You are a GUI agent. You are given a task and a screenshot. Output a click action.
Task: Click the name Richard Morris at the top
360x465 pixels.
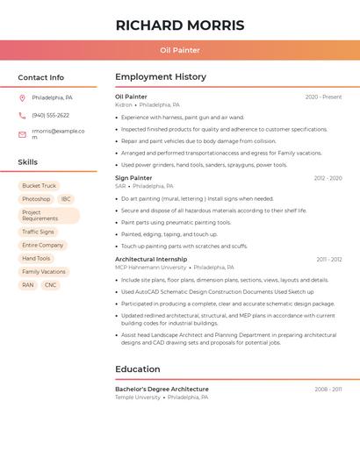click(x=180, y=25)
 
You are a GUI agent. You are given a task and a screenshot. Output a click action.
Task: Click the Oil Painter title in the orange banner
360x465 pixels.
click(x=180, y=50)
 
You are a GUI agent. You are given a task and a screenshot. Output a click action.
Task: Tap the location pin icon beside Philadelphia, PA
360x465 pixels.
click(x=22, y=97)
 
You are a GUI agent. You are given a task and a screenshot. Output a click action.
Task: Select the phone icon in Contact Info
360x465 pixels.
click(x=22, y=115)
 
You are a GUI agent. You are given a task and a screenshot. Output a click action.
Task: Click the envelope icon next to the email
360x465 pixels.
click(x=22, y=134)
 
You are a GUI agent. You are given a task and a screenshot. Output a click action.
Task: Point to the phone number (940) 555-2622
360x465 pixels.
click(x=50, y=115)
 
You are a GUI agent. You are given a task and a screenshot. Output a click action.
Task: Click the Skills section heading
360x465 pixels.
click(x=28, y=162)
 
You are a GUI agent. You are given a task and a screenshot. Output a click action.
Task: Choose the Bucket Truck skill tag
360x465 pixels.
click(x=39, y=186)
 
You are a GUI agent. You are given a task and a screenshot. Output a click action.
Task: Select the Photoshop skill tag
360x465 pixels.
click(x=36, y=199)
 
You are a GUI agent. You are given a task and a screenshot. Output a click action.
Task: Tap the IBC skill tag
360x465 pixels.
click(x=66, y=199)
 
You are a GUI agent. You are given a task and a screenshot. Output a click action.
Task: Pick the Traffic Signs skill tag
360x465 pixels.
click(x=38, y=232)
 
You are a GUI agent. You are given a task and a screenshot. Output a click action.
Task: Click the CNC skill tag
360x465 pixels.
click(x=50, y=285)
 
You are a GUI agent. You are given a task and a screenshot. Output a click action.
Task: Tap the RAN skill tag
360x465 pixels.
click(x=28, y=285)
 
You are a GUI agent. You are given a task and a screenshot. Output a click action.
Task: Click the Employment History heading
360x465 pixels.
click(x=161, y=77)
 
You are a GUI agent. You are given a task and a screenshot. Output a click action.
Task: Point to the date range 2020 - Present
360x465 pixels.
click(x=323, y=97)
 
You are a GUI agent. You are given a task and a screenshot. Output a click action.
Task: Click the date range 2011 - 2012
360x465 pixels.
click(x=329, y=260)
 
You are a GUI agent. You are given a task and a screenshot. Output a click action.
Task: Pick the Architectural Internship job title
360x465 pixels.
click(x=151, y=260)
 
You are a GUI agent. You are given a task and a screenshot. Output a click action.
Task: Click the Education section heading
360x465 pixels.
click(x=137, y=369)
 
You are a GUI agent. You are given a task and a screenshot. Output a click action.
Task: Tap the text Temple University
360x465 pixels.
click(x=138, y=397)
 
